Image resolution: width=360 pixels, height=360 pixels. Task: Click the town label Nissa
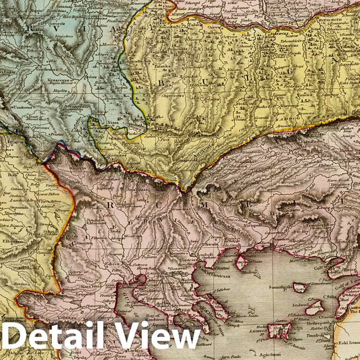tap(115, 122)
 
